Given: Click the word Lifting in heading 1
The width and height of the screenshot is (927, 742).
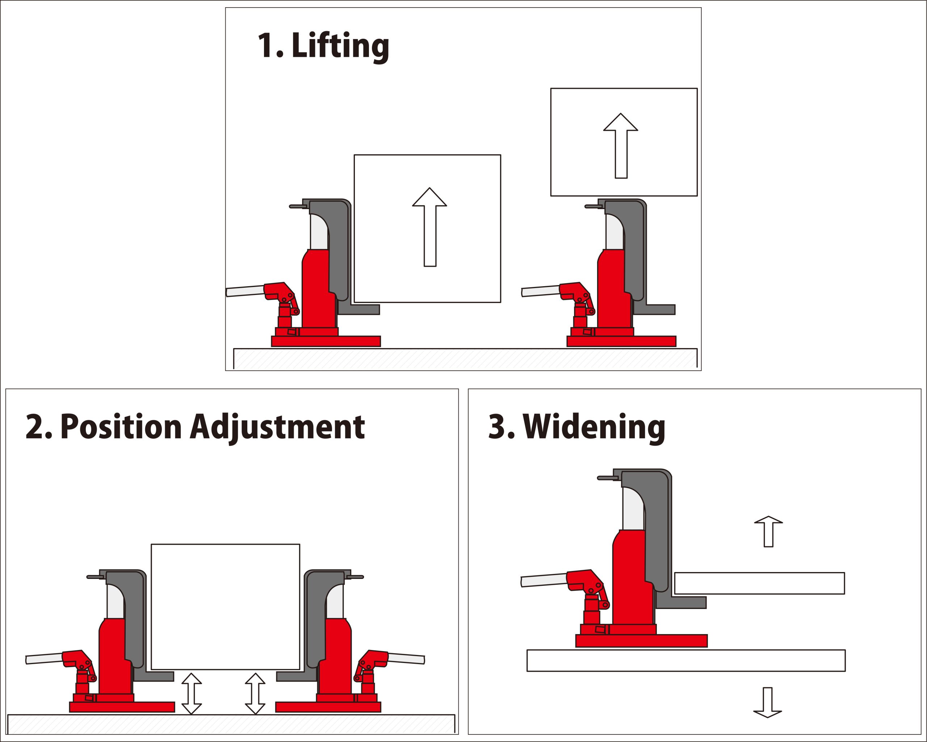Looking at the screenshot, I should (x=340, y=46).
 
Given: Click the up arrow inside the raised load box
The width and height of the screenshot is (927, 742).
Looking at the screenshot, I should (x=620, y=146).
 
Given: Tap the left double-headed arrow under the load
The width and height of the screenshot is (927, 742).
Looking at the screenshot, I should (x=191, y=693).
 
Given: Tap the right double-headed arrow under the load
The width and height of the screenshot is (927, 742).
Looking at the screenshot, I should (x=255, y=693).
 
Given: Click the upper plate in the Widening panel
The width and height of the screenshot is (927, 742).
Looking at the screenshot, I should (x=759, y=583).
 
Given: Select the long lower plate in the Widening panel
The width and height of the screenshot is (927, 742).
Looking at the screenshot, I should (x=686, y=660).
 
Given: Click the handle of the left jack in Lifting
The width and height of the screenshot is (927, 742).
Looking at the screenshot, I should (x=245, y=291).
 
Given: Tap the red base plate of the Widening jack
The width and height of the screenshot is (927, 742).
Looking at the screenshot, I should (x=641, y=641).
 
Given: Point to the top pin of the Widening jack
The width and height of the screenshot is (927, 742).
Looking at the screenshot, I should (x=607, y=478).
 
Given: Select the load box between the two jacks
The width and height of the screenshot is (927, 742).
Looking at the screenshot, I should (x=225, y=606).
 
